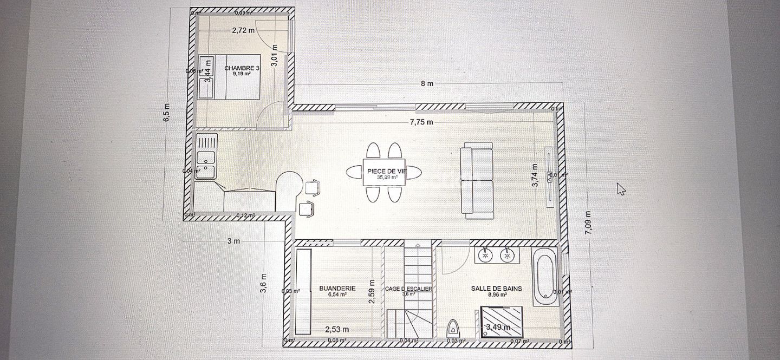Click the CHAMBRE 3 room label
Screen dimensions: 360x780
(238, 68)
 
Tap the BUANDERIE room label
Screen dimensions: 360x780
(337, 289)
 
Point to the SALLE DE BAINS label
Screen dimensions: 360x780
(496, 289)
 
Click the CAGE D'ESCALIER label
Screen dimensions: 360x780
(408, 289)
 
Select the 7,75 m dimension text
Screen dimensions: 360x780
(421, 122)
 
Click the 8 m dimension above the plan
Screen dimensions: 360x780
(427, 84)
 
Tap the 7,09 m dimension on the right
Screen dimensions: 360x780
(589, 220)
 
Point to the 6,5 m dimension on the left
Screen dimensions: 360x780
(167, 113)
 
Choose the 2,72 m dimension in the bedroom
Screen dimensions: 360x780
(243, 30)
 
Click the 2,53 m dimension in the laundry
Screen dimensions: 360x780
(337, 329)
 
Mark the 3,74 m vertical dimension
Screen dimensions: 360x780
(535, 175)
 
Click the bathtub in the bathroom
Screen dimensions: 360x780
(544, 277)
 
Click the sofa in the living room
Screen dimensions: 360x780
(477, 181)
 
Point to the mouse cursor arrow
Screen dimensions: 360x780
(621, 188)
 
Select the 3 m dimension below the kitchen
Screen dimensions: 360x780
(233, 241)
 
